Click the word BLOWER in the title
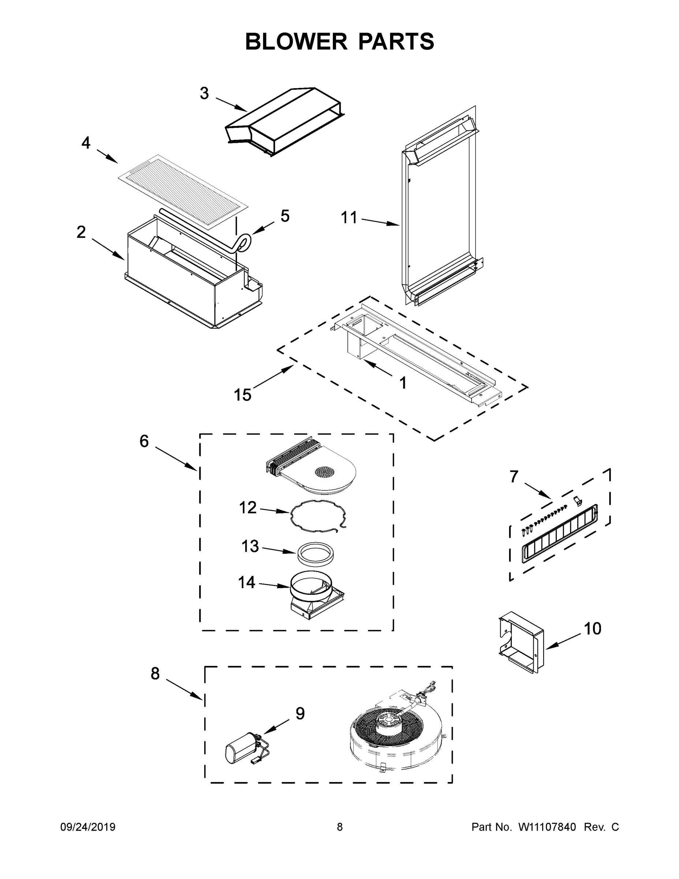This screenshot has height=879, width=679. point(296,41)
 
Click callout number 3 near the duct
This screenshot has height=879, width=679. point(204,93)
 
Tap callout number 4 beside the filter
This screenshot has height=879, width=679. point(86,143)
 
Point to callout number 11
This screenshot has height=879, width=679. point(349,218)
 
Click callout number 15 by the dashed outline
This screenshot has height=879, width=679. point(243,395)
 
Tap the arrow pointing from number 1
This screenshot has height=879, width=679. point(378,369)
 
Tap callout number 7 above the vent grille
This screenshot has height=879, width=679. point(514,476)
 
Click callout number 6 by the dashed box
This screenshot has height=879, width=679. point(144,441)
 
